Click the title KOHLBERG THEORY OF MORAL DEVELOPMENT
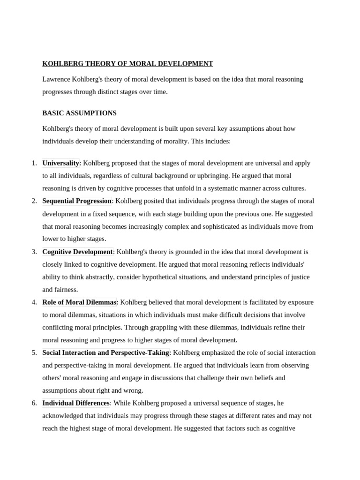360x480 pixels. click(127, 64)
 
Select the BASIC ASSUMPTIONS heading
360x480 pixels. click(79, 113)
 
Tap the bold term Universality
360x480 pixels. click(60, 163)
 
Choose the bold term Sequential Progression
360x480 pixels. click(77, 201)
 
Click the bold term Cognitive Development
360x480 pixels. click(77, 252)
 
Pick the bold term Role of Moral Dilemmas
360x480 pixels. click(79, 302)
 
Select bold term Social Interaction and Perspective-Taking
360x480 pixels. click(105, 352)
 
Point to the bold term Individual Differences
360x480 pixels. click(76, 403)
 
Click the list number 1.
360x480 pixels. click(34, 163)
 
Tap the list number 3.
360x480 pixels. click(34, 252)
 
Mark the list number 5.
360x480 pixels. click(34, 352)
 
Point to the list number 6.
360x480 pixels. click(34, 403)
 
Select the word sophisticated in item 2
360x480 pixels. click(213, 226)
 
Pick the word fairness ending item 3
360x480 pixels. click(67, 290)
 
